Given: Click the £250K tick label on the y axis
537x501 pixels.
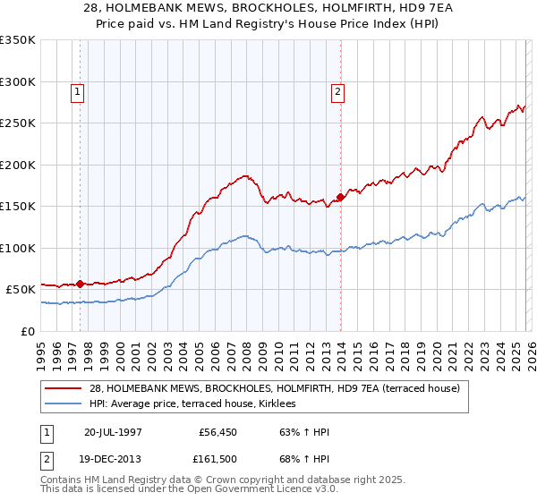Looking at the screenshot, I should coord(18,123).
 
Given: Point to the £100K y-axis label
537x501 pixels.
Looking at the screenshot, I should coord(18,248).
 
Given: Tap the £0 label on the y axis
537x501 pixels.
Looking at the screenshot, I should coord(27,331).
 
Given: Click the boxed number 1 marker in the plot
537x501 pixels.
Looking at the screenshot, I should coord(77,91).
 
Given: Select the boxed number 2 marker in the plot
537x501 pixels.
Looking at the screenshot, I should coord(338,91).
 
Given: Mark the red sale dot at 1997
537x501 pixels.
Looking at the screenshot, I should coord(81,284).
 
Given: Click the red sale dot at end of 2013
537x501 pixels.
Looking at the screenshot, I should coord(340,197).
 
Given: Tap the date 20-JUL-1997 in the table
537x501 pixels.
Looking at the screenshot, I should coord(113,431).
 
